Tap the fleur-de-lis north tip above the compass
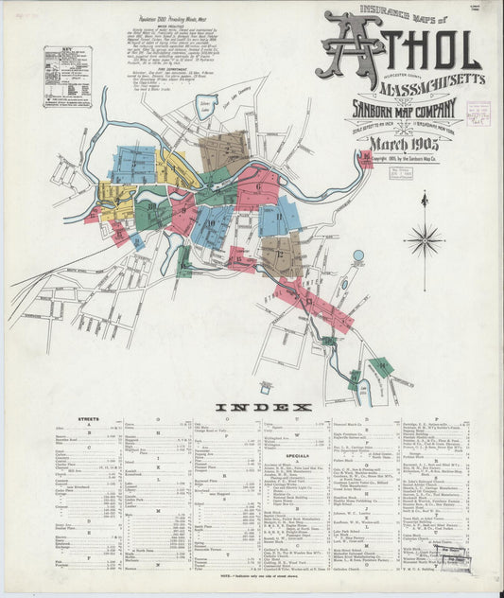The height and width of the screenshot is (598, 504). click(424, 198)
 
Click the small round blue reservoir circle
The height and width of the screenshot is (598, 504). click(357, 255)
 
